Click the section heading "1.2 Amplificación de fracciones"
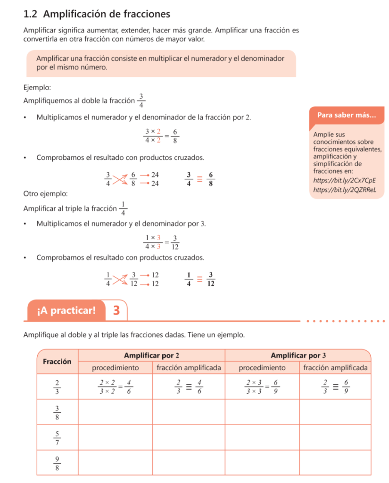[x=96, y=15]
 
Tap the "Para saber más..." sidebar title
[x=346, y=115]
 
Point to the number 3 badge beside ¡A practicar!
[x=116, y=310]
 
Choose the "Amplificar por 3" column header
[x=298, y=355]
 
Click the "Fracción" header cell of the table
[x=57, y=361]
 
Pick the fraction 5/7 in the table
[x=57, y=437]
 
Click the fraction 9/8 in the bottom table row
[x=57, y=462]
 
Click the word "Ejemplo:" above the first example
[x=37, y=87]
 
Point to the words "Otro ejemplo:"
[x=45, y=194]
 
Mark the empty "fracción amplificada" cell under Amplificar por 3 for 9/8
[x=335, y=462]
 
